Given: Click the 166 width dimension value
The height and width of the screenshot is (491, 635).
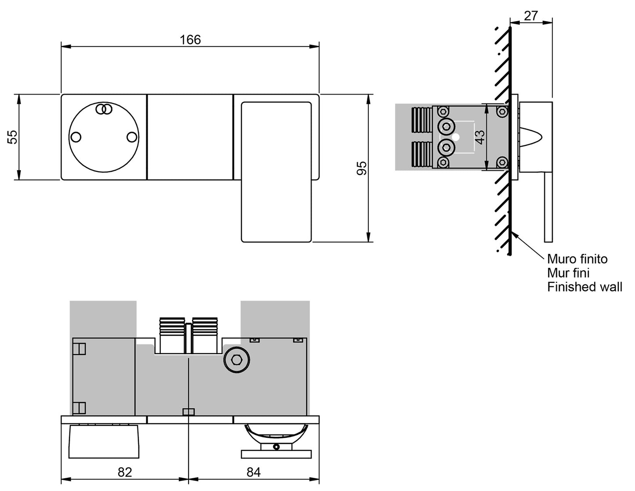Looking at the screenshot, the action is (x=190, y=40).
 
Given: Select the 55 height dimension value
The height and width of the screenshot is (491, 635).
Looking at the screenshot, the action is (x=13, y=137).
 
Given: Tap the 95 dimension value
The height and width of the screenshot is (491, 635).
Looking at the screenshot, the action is (x=362, y=168).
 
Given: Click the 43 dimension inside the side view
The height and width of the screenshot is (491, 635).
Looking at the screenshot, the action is (x=480, y=137).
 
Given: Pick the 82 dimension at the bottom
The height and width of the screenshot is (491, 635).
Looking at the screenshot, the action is (x=125, y=472).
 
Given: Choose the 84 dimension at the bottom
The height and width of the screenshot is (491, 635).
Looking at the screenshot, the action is (x=254, y=472).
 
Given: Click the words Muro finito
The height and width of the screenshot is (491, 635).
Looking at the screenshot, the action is (x=577, y=259).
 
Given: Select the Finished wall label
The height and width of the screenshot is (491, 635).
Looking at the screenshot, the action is (x=584, y=287).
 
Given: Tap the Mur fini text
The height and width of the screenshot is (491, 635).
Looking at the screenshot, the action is (x=568, y=273).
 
